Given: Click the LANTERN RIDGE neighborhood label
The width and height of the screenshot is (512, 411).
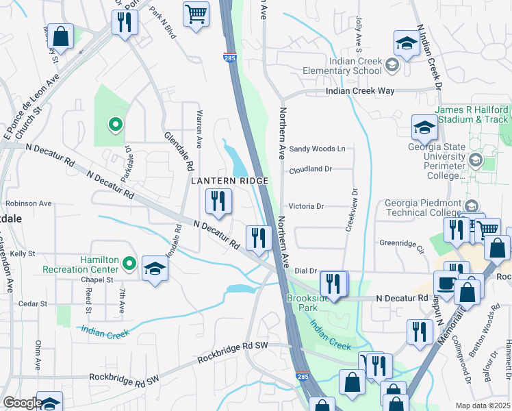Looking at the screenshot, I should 228,180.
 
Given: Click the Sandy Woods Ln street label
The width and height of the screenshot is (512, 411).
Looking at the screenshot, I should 317,149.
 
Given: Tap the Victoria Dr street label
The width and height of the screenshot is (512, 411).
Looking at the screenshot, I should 305,206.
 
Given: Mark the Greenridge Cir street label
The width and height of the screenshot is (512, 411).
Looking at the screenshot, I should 402,242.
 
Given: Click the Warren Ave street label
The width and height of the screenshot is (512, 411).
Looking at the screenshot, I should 199,129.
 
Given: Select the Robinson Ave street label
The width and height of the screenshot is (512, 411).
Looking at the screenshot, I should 29,203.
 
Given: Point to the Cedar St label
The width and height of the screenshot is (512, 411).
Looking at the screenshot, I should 32,303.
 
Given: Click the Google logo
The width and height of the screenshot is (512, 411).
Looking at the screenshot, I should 22,403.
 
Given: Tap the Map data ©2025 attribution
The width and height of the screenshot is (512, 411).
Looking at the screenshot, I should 483,406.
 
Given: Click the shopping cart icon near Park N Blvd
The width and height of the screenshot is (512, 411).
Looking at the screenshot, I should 196,14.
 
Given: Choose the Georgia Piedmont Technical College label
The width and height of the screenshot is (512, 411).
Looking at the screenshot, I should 424,207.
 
